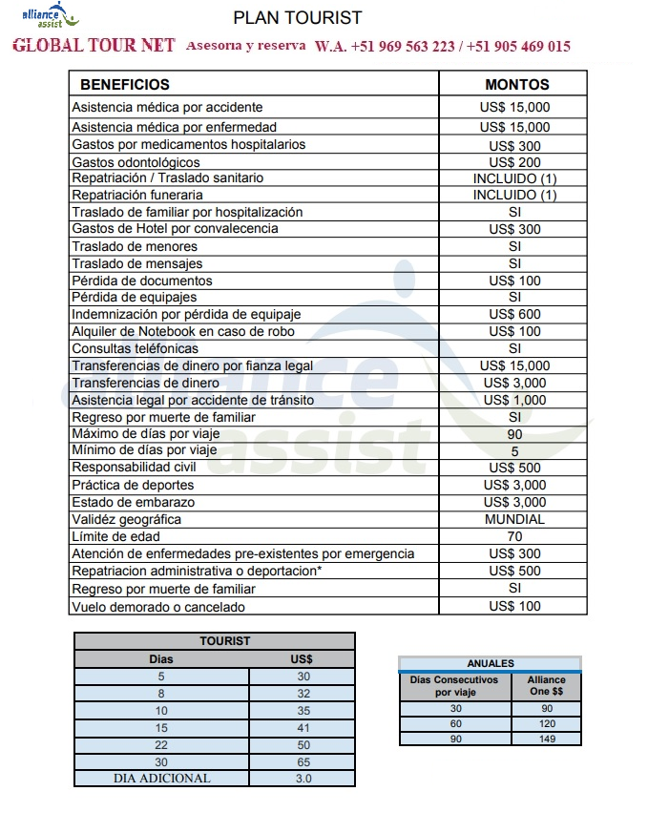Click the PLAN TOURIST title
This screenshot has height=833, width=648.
pos(298,18)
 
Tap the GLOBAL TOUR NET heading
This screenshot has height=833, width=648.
pos(94,46)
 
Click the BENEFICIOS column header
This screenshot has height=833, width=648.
pos(125,84)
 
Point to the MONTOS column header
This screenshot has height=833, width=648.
pos(516,84)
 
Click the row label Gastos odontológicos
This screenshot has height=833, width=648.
pos(136,162)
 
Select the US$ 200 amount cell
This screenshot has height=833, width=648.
pos(514,162)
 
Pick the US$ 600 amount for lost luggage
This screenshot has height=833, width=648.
pos(514,314)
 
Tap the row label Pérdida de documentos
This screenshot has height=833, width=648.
pos(142,281)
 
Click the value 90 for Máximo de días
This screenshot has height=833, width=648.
pos(514,434)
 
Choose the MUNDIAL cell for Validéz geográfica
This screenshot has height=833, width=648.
pos(514,519)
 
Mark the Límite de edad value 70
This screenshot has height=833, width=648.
pos(514,536)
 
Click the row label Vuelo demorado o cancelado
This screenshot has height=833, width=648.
pos(158,607)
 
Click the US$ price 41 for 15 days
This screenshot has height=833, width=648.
pos(303,727)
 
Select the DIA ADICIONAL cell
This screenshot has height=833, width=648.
pos(161,778)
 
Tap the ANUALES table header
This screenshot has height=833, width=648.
pos(491,663)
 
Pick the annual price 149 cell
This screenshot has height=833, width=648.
pos(546,738)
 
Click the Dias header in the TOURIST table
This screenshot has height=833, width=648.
pos(161,658)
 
